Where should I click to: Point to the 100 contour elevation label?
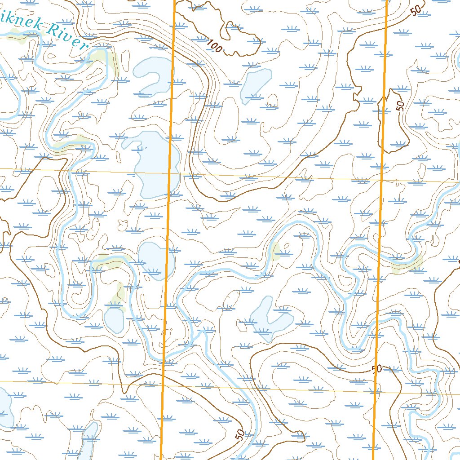[214, 45]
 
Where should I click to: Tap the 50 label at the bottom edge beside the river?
[240, 435]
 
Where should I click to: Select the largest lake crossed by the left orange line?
[155, 164]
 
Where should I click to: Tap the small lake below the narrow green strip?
[114, 319]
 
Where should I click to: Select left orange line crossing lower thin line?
[163, 385]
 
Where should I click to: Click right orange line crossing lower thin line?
[375, 391]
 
